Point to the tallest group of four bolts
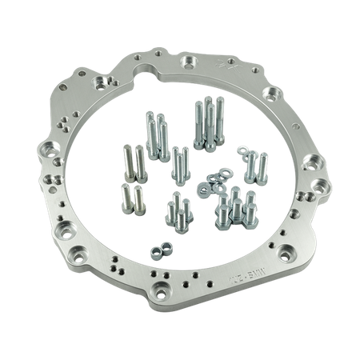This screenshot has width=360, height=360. tap(203, 124)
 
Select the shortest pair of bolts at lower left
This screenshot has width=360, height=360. tap(129, 194)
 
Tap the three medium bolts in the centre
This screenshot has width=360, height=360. tap(178, 164)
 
